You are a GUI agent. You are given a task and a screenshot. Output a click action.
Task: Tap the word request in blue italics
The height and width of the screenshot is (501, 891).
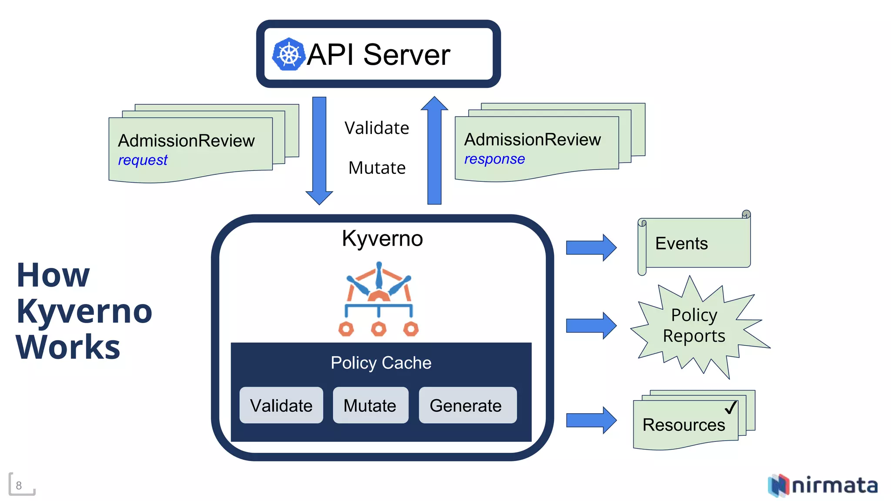point(143,160)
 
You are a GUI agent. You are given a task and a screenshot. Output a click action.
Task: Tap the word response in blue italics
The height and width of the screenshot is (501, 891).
point(494,159)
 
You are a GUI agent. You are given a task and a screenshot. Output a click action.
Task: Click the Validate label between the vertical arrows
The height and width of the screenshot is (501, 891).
point(377,128)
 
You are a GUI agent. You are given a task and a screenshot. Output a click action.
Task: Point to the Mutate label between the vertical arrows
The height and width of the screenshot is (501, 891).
point(377,168)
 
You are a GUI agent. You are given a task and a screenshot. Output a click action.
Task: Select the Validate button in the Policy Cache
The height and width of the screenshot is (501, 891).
point(281,405)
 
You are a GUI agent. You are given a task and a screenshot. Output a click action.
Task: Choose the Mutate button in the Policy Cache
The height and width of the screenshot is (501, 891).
point(370,405)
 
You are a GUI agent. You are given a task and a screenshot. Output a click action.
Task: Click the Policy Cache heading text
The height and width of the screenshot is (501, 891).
point(381,363)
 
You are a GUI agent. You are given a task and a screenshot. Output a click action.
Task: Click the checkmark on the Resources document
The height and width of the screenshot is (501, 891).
point(731,407)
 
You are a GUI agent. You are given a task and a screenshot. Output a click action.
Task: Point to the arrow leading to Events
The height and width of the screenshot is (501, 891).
point(590,247)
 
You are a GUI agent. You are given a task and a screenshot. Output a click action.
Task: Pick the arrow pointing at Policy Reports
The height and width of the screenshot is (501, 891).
point(590,325)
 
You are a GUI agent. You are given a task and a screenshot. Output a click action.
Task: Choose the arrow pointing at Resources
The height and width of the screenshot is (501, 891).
point(590,420)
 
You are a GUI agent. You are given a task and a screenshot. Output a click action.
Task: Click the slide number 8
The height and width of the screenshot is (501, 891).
point(19,485)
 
